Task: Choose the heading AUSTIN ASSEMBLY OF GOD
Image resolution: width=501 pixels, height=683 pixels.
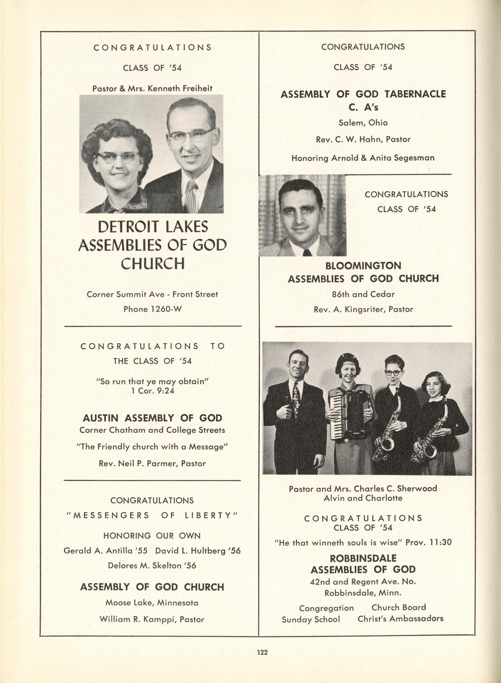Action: (152, 418)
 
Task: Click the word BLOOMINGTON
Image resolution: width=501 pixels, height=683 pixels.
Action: (363, 266)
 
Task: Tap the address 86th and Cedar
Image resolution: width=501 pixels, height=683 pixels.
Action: (363, 294)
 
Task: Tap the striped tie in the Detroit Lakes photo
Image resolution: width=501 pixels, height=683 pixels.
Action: (192, 196)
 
